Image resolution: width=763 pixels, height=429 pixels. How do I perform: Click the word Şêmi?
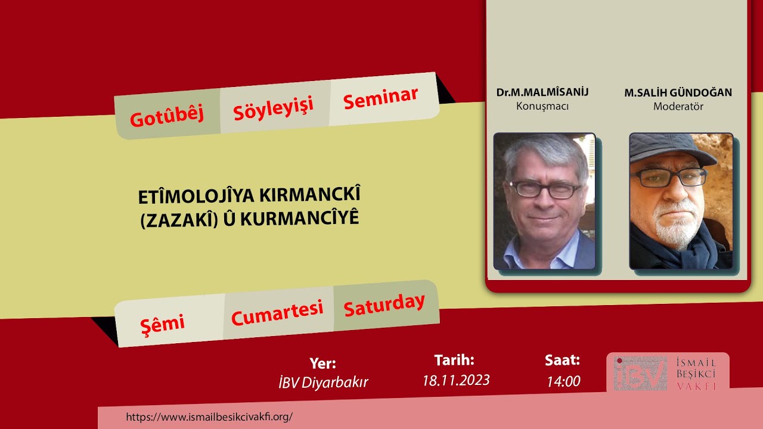coord(162,324)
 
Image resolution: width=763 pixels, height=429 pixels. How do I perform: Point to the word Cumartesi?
coord(277,313)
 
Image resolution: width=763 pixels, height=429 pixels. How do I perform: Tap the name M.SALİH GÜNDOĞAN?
coord(678,93)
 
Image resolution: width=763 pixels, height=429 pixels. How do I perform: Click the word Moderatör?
coord(678,107)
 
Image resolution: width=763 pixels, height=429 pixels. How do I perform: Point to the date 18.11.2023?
coord(456,380)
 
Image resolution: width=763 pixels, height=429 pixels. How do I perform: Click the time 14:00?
coord(563,381)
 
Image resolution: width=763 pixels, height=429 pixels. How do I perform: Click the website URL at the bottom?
coord(209,416)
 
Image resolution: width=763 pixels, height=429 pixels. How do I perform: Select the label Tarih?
coord(454,360)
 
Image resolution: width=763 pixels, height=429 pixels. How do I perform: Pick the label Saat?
coord(562,360)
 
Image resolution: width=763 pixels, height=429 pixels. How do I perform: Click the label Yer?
coord(323,363)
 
